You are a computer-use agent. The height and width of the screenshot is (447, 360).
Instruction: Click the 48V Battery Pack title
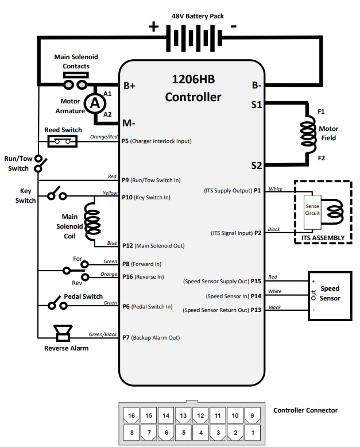pos(198,16)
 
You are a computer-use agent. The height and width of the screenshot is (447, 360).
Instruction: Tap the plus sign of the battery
pos(154,26)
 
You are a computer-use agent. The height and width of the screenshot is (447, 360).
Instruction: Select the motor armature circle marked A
pos(96,103)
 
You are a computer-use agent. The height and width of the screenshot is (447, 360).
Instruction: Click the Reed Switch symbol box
pos(63,141)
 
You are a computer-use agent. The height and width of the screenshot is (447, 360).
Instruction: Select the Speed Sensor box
pos(330,294)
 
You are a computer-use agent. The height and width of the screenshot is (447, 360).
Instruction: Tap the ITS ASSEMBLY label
pos(322,238)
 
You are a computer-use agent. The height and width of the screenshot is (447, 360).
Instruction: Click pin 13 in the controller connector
pos(183,415)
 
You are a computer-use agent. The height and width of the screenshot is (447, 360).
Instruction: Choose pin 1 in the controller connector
pos(252,431)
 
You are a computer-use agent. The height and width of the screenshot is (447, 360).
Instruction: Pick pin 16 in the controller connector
pos(131,415)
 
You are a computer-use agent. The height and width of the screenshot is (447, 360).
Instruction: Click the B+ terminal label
pos(129,86)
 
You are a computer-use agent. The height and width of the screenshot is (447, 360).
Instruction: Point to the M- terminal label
pos(129,123)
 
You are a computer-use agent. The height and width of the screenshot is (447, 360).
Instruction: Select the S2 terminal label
pos(256,165)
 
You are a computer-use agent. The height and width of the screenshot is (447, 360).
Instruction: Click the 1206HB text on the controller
pos(193,79)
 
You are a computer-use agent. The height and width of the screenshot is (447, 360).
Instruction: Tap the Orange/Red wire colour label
pos(104,137)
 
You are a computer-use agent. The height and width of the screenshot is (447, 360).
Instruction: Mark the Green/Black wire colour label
pos(103,334)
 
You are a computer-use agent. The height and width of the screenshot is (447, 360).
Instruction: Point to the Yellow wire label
pos(110,193)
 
